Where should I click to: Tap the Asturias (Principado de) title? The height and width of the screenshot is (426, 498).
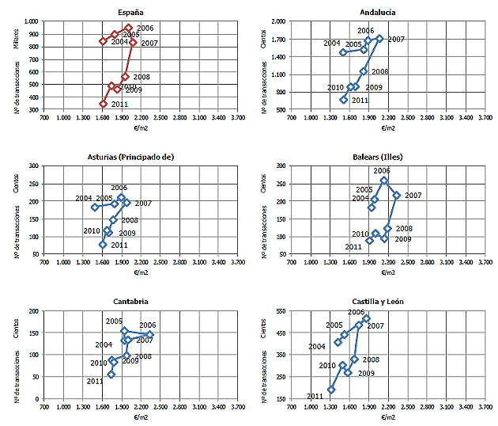[130, 156]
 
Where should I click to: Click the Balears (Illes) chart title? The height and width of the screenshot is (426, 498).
[378, 156]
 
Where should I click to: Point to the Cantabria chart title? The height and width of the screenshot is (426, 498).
[130, 301]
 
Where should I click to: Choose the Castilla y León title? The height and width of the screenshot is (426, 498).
[378, 301]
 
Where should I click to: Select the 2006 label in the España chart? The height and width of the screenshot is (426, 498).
[145, 29]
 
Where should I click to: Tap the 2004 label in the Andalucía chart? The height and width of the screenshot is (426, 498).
[332, 43]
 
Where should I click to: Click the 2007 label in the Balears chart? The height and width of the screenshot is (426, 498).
[413, 196]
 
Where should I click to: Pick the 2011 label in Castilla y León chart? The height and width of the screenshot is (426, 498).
[315, 396]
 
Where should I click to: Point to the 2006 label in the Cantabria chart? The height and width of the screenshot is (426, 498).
[148, 325]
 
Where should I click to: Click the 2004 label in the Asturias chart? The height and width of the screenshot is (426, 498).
[84, 198]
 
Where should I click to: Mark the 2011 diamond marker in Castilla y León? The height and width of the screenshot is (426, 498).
[331, 390]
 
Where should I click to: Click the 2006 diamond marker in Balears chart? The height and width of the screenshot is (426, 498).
[384, 181]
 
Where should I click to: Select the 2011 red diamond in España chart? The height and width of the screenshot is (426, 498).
[103, 104]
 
